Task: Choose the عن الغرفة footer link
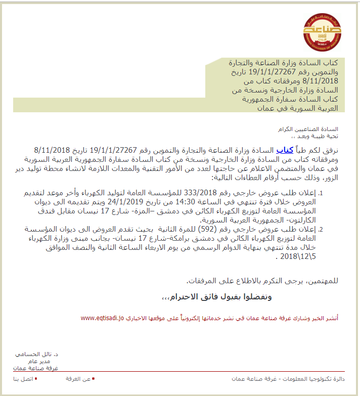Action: pyautogui.click(x=79, y=378)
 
